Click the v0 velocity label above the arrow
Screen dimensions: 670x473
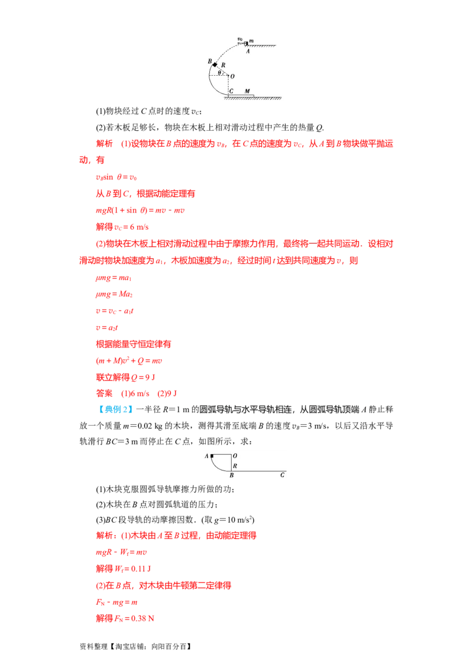pos(240,39)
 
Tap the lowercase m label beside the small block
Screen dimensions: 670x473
pos(251,41)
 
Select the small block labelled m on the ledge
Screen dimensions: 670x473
pos(246,43)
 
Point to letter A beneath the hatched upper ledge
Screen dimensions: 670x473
pos(248,51)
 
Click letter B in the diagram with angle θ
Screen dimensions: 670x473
pos(209,61)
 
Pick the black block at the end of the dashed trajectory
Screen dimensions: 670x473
pos(215,65)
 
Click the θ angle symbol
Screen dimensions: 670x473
pos(219,73)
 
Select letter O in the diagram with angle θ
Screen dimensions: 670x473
pos(232,76)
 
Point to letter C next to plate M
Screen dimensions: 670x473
pos(232,91)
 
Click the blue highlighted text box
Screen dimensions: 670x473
pos(115,410)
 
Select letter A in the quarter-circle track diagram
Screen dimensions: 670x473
pos(206,456)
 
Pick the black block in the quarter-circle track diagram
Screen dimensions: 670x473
pos(212,456)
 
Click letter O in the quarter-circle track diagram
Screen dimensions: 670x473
pos(235,456)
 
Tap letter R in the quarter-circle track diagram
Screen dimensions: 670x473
pos(235,466)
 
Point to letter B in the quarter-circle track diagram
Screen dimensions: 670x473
pos(232,475)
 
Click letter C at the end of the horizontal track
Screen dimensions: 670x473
pos(282,475)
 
